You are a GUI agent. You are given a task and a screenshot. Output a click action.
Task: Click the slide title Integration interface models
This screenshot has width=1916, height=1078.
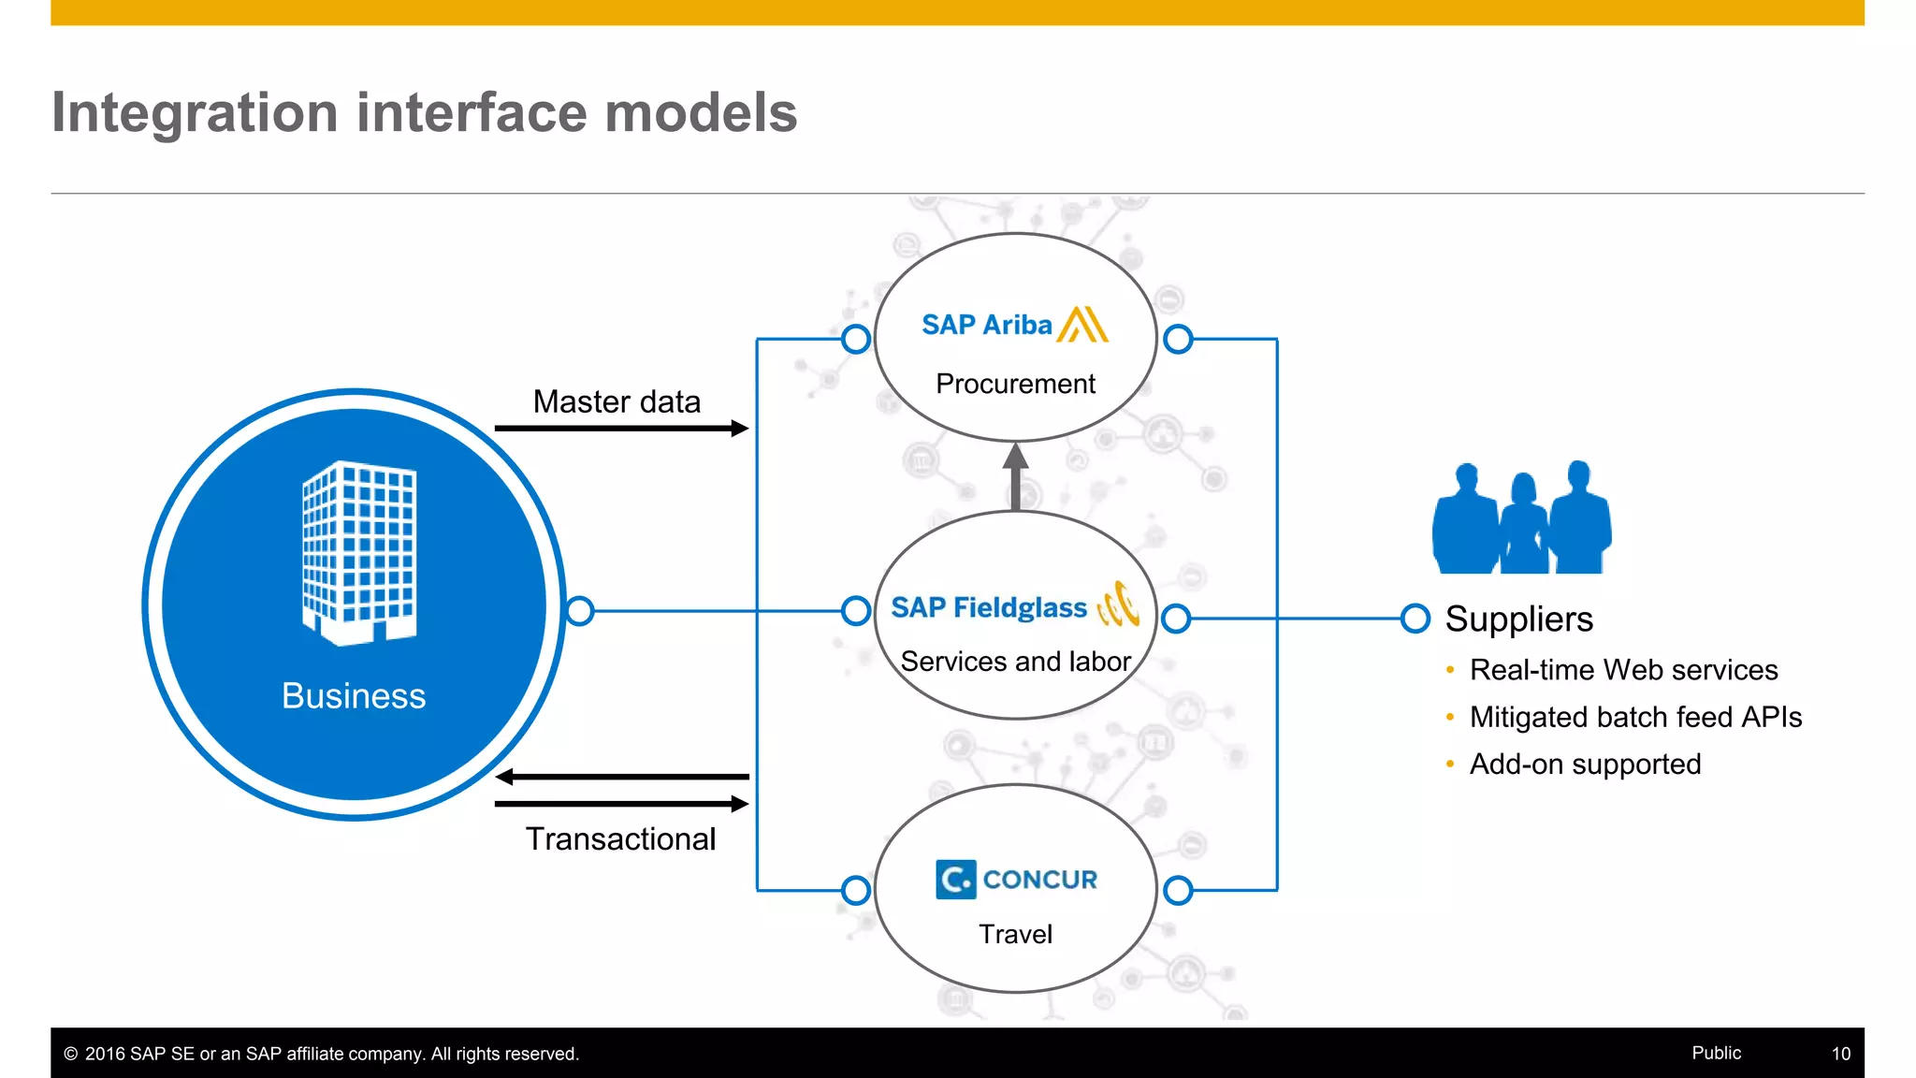(x=424, y=112)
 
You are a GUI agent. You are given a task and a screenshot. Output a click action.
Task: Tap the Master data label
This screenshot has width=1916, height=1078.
(x=617, y=401)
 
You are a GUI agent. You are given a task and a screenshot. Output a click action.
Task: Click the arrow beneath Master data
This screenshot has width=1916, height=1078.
(x=621, y=429)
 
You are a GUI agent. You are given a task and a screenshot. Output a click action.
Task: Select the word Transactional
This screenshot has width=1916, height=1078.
(x=620, y=838)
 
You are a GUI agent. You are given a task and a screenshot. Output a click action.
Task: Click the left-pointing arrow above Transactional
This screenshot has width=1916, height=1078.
(x=621, y=777)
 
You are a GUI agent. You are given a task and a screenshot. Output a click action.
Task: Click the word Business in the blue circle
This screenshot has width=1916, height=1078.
(x=354, y=696)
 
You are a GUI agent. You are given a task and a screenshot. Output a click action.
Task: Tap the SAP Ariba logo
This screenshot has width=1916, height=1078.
(x=1014, y=325)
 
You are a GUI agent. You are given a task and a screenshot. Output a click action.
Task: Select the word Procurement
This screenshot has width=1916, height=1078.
(x=1015, y=384)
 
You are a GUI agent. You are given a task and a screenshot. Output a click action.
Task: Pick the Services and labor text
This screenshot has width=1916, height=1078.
(x=1015, y=662)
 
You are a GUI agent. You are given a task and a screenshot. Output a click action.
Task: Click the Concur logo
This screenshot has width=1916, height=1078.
(x=1016, y=880)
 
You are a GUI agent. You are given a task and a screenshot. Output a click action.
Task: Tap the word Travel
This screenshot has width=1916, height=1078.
(x=1015, y=934)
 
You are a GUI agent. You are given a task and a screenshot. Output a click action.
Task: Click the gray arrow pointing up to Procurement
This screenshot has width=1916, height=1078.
(x=1016, y=476)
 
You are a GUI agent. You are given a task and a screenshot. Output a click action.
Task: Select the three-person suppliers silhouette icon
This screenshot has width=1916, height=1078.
(x=1521, y=518)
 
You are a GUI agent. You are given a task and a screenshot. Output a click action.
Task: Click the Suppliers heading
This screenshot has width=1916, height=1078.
(x=1518, y=619)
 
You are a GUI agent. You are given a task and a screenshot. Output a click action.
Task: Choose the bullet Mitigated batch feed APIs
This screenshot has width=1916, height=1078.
(x=1634, y=717)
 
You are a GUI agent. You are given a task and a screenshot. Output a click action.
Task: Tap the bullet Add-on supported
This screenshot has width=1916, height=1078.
(x=1585, y=765)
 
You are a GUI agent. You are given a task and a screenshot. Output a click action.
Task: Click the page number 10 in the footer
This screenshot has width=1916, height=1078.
(x=1840, y=1054)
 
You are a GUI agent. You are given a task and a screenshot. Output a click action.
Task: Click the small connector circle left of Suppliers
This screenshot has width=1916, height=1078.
(x=1415, y=619)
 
